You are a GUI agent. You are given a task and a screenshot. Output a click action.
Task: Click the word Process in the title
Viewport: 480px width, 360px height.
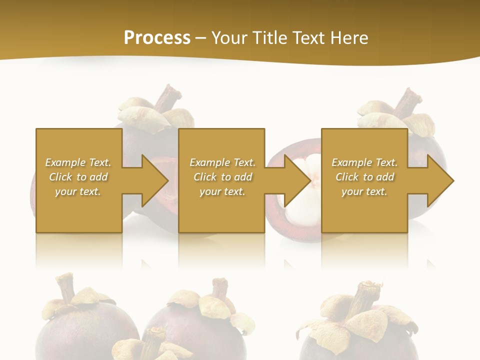(157, 38)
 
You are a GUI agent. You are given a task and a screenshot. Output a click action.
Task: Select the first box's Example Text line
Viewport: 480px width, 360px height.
(78, 162)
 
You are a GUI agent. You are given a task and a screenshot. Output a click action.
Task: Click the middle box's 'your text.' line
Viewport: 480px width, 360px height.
(222, 191)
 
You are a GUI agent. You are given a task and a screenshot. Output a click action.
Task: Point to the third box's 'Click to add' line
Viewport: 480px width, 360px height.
(364, 177)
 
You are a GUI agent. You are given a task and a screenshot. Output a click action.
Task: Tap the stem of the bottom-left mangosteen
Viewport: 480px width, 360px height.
(65, 287)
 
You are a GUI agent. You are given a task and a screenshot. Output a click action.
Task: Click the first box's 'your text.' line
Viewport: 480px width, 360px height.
(78, 191)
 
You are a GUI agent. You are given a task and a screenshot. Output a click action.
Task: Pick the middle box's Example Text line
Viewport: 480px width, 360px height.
(222, 162)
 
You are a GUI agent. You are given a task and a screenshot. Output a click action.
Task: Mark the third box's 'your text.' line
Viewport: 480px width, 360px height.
(364, 191)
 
